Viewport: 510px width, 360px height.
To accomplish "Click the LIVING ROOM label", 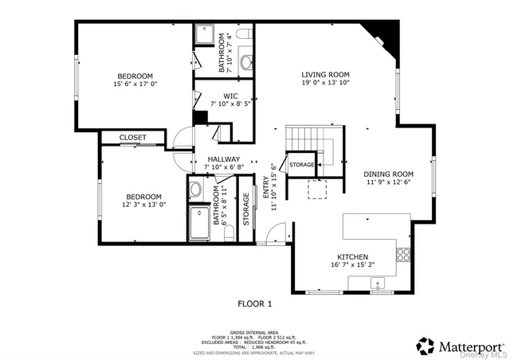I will pyautogui.click(x=325, y=74).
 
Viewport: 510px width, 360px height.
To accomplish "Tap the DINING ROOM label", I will pyautogui.click(x=389, y=174).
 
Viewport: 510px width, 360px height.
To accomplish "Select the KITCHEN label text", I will pyautogui.click(x=347, y=257).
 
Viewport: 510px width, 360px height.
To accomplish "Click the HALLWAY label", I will pyautogui.click(x=224, y=159).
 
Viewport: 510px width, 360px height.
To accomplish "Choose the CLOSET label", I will pyautogui.click(x=133, y=138).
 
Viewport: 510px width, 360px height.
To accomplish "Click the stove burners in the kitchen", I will pyautogui.click(x=403, y=255).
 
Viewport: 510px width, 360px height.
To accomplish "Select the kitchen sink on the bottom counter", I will pyautogui.click(x=377, y=283).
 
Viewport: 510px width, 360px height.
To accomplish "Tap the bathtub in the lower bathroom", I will pyautogui.click(x=199, y=223).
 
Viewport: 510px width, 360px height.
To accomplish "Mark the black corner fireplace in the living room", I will pyautogui.click(x=383, y=33).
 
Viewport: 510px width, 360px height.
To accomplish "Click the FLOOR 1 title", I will pyautogui.click(x=255, y=303).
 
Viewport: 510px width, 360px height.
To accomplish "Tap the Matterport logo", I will pyautogui.click(x=460, y=346).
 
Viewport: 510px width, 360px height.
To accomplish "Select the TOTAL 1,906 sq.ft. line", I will pyautogui.click(x=255, y=347).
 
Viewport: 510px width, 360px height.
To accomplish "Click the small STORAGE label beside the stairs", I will pyautogui.click(x=302, y=165).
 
